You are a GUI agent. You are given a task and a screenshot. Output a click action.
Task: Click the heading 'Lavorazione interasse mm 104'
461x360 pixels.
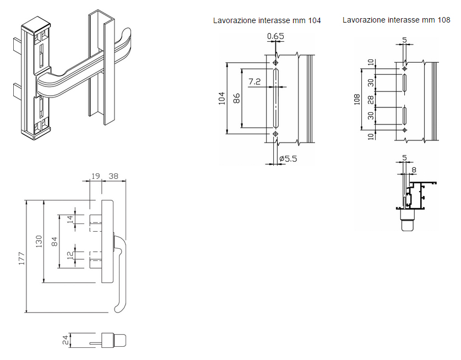click(267, 20)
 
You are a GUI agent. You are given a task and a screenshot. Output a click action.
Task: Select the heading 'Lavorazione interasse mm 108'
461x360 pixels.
click(396, 20)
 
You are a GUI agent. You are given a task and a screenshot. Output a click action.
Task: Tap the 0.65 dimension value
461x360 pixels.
click(275, 37)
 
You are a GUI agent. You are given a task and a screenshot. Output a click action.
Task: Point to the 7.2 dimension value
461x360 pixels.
click(254, 81)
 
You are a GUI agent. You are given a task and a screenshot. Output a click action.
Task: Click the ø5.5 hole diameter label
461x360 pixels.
click(289, 159)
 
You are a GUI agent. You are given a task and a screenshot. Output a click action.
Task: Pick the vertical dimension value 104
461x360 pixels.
click(222, 98)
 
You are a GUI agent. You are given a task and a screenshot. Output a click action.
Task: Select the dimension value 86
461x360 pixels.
click(237, 98)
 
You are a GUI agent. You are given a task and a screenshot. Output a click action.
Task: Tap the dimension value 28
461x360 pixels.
click(371, 99)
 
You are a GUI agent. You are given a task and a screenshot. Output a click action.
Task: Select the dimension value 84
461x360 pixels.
click(55, 241)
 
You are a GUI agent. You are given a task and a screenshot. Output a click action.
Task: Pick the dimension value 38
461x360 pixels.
click(114, 177)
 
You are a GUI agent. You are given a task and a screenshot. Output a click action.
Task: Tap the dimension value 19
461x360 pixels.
click(95, 177)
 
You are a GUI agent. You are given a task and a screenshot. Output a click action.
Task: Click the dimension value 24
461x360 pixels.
click(64, 340)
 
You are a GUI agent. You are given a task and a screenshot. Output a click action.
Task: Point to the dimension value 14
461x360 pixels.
click(69, 219)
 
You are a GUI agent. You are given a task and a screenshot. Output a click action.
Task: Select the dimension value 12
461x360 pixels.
click(69, 256)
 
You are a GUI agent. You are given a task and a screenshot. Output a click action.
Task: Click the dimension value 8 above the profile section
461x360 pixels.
click(414, 170)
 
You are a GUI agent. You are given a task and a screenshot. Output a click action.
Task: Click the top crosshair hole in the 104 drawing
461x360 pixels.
click(275, 63)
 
